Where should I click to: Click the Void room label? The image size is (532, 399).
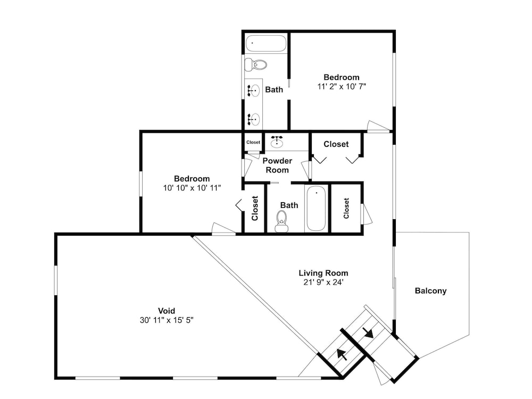167,311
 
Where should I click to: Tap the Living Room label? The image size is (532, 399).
323,273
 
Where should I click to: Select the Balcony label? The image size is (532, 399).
430,291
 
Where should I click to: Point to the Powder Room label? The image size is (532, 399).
277,165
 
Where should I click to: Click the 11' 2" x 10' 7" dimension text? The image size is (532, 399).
342,87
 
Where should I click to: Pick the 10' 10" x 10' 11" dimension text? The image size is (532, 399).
192,188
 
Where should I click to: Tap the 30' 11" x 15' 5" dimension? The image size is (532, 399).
167,320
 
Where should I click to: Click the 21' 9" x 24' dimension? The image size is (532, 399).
323,282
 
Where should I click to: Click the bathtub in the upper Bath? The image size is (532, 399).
266,44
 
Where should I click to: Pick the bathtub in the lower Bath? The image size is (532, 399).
316,209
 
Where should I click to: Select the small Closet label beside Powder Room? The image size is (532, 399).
253,142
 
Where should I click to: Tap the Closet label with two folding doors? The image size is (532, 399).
336,144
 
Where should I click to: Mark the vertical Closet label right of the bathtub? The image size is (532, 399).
346,209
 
